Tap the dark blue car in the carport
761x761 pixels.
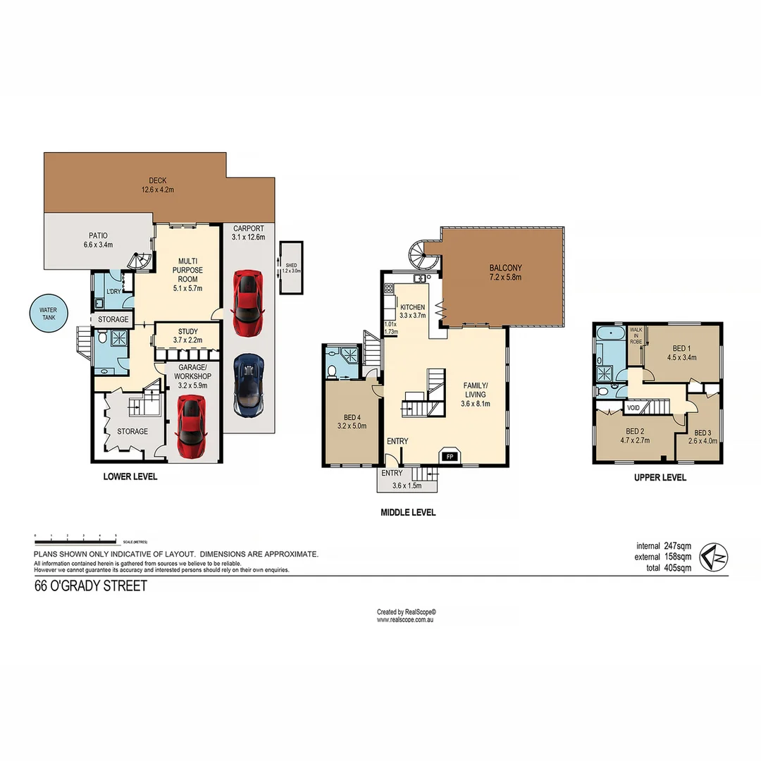248,385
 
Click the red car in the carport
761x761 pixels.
248,303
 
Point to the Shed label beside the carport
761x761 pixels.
291,268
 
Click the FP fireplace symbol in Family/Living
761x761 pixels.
449,456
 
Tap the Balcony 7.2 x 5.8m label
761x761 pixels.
506,273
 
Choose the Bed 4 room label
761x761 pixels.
352,421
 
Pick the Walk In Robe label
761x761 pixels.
636,335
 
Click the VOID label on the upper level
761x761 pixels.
633,407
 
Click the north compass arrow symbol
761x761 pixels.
714,558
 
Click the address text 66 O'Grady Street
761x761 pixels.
91,586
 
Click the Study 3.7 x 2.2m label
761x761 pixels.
187,336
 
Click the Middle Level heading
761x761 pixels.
408,512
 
